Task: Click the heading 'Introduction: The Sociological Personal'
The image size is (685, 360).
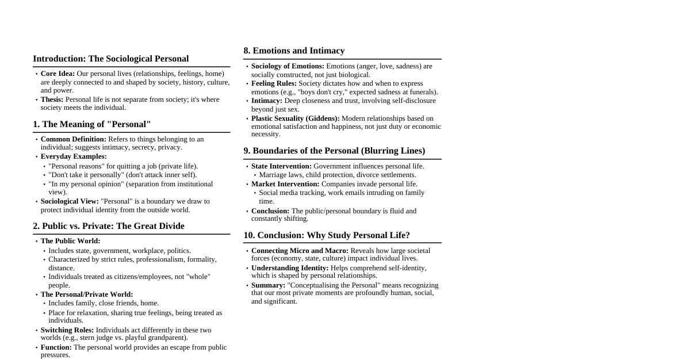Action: [110, 59]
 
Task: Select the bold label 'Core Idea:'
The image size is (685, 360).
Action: [58, 74]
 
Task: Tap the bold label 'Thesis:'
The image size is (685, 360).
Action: [52, 99]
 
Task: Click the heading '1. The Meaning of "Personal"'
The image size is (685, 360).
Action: [91, 124]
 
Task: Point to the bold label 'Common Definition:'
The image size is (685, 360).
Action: [73, 139]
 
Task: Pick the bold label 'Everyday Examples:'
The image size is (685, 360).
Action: [74, 156]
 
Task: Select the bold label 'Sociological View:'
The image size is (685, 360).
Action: [70, 201]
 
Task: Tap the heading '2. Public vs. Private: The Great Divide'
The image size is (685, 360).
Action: [109, 226]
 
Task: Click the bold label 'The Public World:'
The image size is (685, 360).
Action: [70, 241]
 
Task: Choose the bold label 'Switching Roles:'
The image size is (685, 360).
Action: [67, 330]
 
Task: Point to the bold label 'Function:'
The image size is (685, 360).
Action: [56, 347]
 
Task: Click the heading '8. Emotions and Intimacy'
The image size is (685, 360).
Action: [294, 51]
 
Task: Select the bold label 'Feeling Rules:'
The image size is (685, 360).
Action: [274, 83]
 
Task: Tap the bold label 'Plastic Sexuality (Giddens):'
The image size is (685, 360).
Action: [295, 118]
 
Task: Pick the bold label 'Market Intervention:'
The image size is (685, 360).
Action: [285, 184]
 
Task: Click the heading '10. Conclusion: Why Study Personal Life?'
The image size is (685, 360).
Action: [326, 235]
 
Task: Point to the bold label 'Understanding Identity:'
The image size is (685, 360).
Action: [289, 268]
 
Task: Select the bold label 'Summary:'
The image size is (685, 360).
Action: [268, 285]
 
